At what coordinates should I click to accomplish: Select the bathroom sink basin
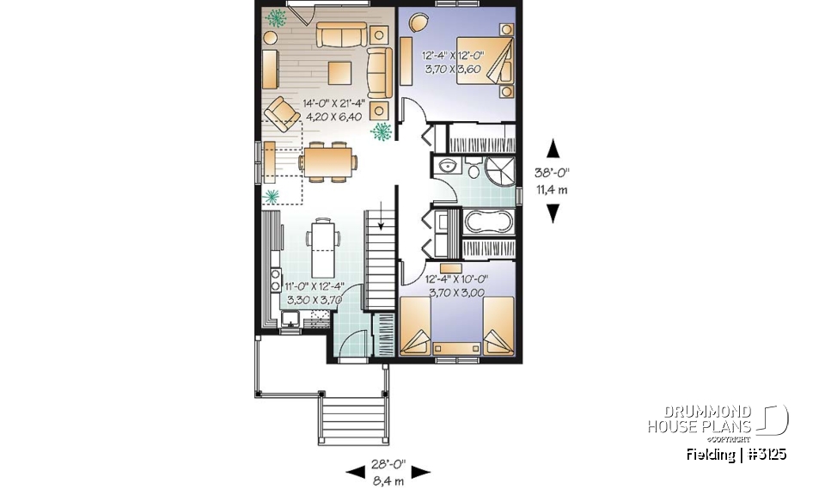447,166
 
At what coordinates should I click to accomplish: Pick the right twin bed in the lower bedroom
494,327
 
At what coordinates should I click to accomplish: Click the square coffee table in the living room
339,72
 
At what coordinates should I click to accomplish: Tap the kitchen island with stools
323,245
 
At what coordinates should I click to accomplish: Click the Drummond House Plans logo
717,419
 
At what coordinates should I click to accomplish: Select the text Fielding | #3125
736,454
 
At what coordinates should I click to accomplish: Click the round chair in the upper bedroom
419,23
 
